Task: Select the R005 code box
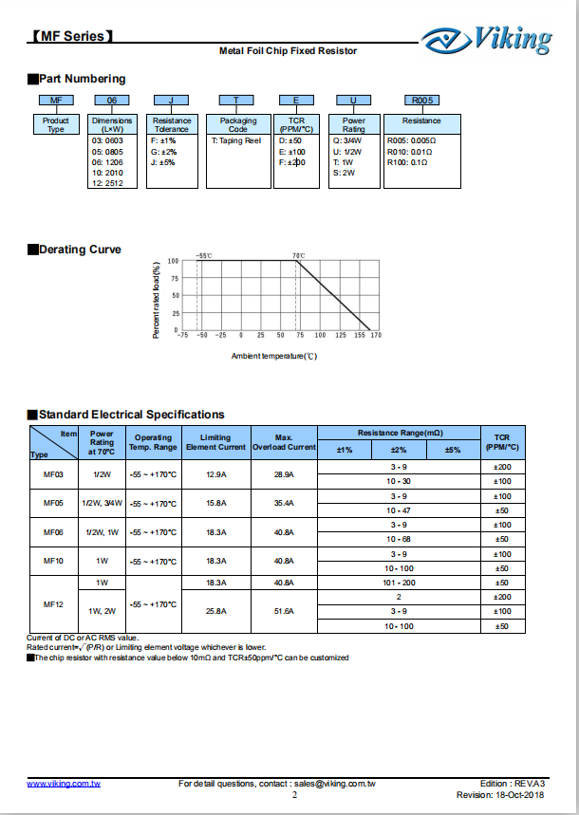(x=420, y=100)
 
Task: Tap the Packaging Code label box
(x=238, y=124)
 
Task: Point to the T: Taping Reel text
(x=235, y=139)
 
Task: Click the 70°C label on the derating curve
(x=298, y=255)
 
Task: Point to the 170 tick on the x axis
(x=376, y=335)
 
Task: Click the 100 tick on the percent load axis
(x=173, y=261)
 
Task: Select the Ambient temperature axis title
(x=273, y=356)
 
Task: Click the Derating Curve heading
(x=79, y=250)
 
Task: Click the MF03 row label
(x=53, y=473)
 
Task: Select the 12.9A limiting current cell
(x=216, y=473)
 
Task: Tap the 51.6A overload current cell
(x=283, y=611)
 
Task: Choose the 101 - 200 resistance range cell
(x=400, y=583)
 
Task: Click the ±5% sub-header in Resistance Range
(x=453, y=450)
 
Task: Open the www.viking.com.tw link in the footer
(x=64, y=784)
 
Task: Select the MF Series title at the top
(x=72, y=37)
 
